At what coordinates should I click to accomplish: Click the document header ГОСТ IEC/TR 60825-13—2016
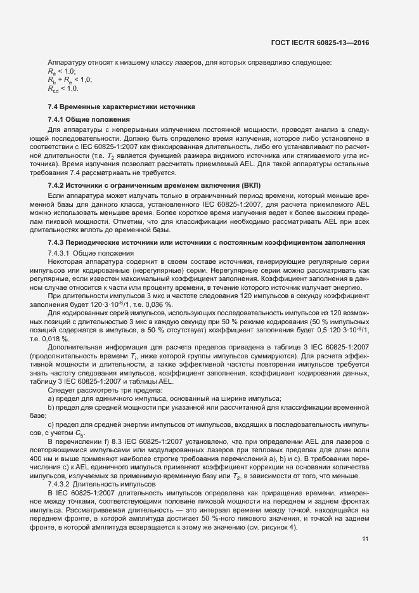(x=319, y=42)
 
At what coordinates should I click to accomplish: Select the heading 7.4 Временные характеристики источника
(x=122, y=106)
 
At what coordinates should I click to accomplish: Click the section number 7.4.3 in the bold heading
(x=59, y=225)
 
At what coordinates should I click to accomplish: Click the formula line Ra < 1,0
(x=57, y=71)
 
